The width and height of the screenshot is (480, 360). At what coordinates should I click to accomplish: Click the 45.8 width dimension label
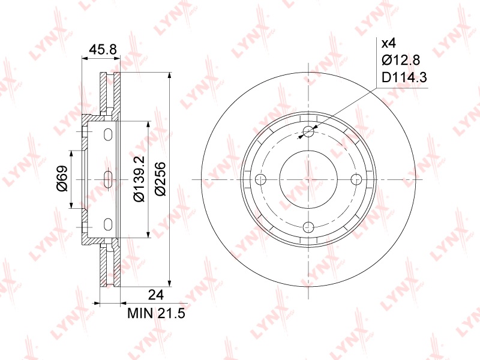pyautogui.click(x=102, y=49)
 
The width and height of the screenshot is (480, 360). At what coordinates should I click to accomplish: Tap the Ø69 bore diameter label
pyautogui.click(x=62, y=178)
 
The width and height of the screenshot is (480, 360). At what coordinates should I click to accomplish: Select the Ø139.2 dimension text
pyautogui.click(x=139, y=179)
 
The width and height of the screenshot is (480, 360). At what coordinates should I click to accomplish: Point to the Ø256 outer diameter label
pyautogui.click(x=160, y=179)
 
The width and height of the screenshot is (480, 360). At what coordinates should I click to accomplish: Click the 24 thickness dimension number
pyautogui.click(x=156, y=295)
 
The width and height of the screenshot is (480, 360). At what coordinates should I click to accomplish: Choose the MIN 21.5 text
pyautogui.click(x=157, y=313)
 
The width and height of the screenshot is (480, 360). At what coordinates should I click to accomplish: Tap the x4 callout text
pyautogui.click(x=389, y=43)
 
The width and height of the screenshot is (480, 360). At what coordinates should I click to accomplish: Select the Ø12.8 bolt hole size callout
pyautogui.click(x=401, y=61)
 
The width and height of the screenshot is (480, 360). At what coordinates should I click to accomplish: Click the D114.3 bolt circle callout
pyautogui.click(x=404, y=77)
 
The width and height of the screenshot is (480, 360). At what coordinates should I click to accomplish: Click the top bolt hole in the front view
pyautogui.click(x=308, y=131)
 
